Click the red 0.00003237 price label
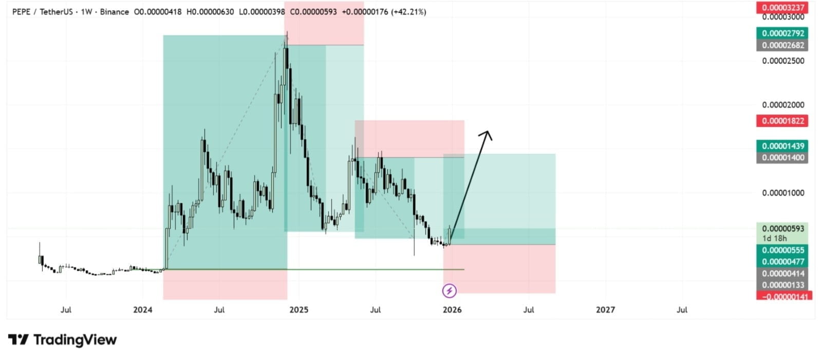pos(783,7)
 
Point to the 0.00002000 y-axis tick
pos(783,105)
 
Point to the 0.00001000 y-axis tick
pos(783,193)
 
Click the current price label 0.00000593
pos(783,229)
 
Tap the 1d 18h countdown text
pos(774,238)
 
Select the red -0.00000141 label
pos(784,296)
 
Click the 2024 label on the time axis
pos(142,310)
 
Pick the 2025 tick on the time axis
pos(298,310)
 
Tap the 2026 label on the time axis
pos(452,310)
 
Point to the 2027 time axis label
pos(605,310)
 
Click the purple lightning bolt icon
pos(449,291)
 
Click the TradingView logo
pos(62,339)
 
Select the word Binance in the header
pos(114,12)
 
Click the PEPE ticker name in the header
pos(21,12)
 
